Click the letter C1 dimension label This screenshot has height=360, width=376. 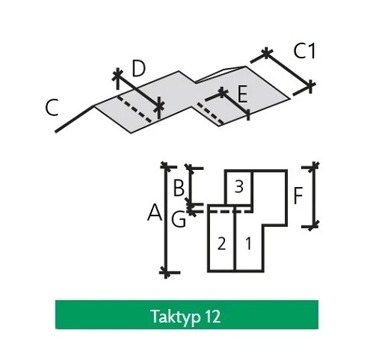tap(304, 51)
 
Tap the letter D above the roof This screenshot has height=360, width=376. tap(138, 68)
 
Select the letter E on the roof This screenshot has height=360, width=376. tap(242, 94)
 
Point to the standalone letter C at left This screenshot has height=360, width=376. tap(52, 107)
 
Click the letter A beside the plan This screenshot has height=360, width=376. tap(155, 213)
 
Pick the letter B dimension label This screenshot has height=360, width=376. tap(179, 189)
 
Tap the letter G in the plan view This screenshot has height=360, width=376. tap(179, 219)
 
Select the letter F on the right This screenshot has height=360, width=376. tap(298, 196)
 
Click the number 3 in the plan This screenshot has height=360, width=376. tap(238, 186)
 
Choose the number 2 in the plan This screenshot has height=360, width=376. tap(221, 243)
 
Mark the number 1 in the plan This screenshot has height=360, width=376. tap(248, 243)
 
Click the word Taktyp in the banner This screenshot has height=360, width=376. tap(176, 317)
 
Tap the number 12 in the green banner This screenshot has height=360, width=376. tap(213, 317)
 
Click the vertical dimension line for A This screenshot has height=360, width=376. tap(166, 219)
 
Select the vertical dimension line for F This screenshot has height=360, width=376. tap(314, 196)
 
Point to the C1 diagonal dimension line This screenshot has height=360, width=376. tap(289, 69)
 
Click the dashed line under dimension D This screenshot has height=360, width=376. tap(135, 109)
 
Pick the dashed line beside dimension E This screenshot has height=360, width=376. tap(211, 114)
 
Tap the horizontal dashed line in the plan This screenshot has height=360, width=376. tap(230, 212)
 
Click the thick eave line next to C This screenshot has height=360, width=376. tap(75, 119)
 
